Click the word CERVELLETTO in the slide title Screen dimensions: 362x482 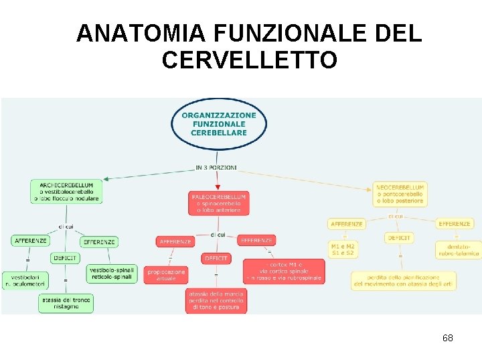click(249, 60)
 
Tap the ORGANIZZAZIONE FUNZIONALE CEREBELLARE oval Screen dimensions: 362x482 click(218, 124)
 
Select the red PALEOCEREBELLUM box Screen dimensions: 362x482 click(219, 203)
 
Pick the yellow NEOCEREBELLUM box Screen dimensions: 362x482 click(400, 194)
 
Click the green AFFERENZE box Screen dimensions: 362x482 click(30, 240)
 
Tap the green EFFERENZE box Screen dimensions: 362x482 click(98, 242)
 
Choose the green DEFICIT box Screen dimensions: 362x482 click(64, 258)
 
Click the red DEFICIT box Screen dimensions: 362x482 click(216, 258)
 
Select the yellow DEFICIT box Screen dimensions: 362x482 click(399, 237)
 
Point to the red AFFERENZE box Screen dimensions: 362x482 click(175, 241)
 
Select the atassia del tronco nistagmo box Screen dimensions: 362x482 click(66, 303)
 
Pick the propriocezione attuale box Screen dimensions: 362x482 click(165, 275)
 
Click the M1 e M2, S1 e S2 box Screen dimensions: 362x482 click(343, 250)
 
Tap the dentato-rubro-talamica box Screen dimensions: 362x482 click(458, 250)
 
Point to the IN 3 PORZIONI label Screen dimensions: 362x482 click(216, 167)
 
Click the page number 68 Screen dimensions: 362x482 click(447, 338)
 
